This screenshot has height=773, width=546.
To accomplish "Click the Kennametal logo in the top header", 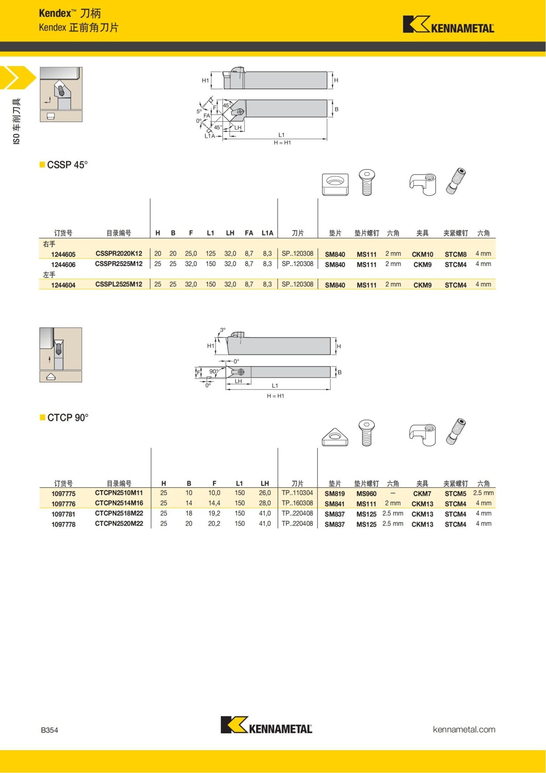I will (x=448, y=25).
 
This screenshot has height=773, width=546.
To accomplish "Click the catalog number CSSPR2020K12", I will (x=119, y=254).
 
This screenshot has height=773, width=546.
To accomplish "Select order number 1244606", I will (x=63, y=265).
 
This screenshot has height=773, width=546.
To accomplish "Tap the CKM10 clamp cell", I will (x=422, y=254).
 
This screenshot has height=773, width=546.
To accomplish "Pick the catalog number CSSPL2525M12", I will (x=119, y=284).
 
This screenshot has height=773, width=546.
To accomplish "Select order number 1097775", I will (x=63, y=494).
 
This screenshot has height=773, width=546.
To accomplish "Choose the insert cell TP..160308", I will (x=297, y=503).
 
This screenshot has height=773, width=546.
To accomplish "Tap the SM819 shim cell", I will (x=334, y=494).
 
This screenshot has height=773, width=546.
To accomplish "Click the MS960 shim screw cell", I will (x=366, y=494).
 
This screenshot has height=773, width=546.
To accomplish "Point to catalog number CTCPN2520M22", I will (x=119, y=524).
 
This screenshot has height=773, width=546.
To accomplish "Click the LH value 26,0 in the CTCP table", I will (x=265, y=493).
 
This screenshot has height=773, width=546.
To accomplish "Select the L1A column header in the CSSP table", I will (x=267, y=233).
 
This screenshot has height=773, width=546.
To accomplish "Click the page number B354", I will (x=50, y=730).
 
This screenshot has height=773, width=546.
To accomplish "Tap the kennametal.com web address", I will (x=464, y=729).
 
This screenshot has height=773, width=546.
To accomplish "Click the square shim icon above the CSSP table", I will (x=335, y=184).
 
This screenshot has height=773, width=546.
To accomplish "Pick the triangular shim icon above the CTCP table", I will (x=335, y=436).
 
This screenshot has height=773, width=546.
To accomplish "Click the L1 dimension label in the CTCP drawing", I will (x=275, y=386).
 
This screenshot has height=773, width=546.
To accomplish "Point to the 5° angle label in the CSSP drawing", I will (x=199, y=111).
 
